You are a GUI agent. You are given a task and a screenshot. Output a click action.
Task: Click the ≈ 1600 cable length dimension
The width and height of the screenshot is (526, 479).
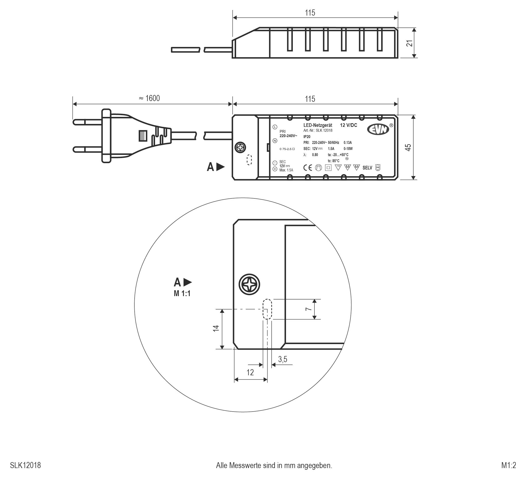pyautogui.click(x=149, y=98)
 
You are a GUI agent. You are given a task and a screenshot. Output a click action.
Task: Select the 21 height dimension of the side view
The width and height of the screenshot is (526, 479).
pyautogui.click(x=410, y=43)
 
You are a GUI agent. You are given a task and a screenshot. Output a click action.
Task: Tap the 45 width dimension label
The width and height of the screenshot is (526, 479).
pyautogui.click(x=408, y=148)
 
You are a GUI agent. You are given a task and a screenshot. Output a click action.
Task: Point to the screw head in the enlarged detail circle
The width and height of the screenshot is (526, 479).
pyautogui.click(x=249, y=284)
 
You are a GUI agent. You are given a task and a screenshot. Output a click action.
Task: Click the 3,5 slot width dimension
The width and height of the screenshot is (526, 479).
pyautogui.click(x=283, y=359)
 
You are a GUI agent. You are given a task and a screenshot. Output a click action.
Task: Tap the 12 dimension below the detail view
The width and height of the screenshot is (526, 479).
pyautogui.click(x=250, y=373)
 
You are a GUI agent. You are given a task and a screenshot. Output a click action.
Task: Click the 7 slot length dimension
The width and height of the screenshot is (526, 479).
pyautogui.click(x=309, y=309)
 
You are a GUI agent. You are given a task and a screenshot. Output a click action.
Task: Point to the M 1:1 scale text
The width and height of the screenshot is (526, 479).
pyautogui.click(x=182, y=294)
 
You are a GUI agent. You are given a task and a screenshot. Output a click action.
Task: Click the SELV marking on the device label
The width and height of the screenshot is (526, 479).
pyautogui.click(x=367, y=168)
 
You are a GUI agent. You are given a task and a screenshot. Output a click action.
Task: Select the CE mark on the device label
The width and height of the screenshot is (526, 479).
pyautogui.click(x=308, y=168)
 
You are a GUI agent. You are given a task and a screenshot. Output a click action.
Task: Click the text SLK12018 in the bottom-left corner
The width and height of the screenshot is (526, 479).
pyautogui.click(x=25, y=465)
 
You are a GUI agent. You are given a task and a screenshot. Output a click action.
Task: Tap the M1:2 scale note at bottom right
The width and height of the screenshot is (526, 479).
pyautogui.click(x=508, y=465)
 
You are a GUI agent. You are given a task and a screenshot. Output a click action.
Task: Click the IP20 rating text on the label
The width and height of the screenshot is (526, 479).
pyautogui.click(x=307, y=137)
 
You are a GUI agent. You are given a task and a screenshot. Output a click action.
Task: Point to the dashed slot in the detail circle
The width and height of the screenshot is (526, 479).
pyautogui.click(x=267, y=309)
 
